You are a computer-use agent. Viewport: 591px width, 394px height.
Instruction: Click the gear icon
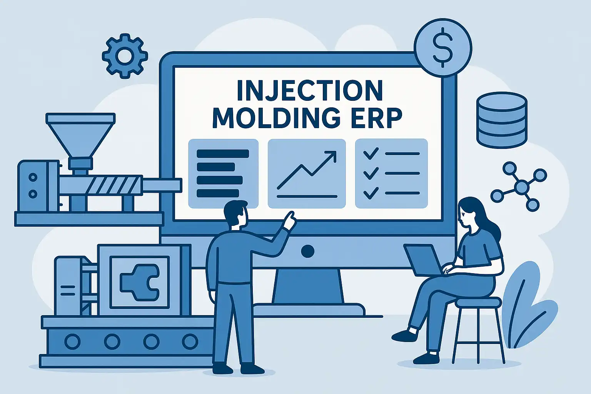click(x=125, y=56)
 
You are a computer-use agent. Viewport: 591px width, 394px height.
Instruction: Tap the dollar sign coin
click(x=443, y=48)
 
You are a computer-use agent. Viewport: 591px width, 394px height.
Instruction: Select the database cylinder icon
click(x=502, y=120)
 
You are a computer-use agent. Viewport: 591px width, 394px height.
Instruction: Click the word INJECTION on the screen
click(x=310, y=90)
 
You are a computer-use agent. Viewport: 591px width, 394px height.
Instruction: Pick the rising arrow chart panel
click(x=307, y=174)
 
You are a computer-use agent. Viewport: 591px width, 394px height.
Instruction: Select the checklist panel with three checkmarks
click(x=391, y=174)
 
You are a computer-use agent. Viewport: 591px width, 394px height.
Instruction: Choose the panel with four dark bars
click(x=223, y=174)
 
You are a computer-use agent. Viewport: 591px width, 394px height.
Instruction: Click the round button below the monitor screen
click(x=307, y=251)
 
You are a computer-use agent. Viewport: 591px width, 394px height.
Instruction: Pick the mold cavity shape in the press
click(x=140, y=283)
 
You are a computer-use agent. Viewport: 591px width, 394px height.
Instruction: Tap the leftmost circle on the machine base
click(x=72, y=342)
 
